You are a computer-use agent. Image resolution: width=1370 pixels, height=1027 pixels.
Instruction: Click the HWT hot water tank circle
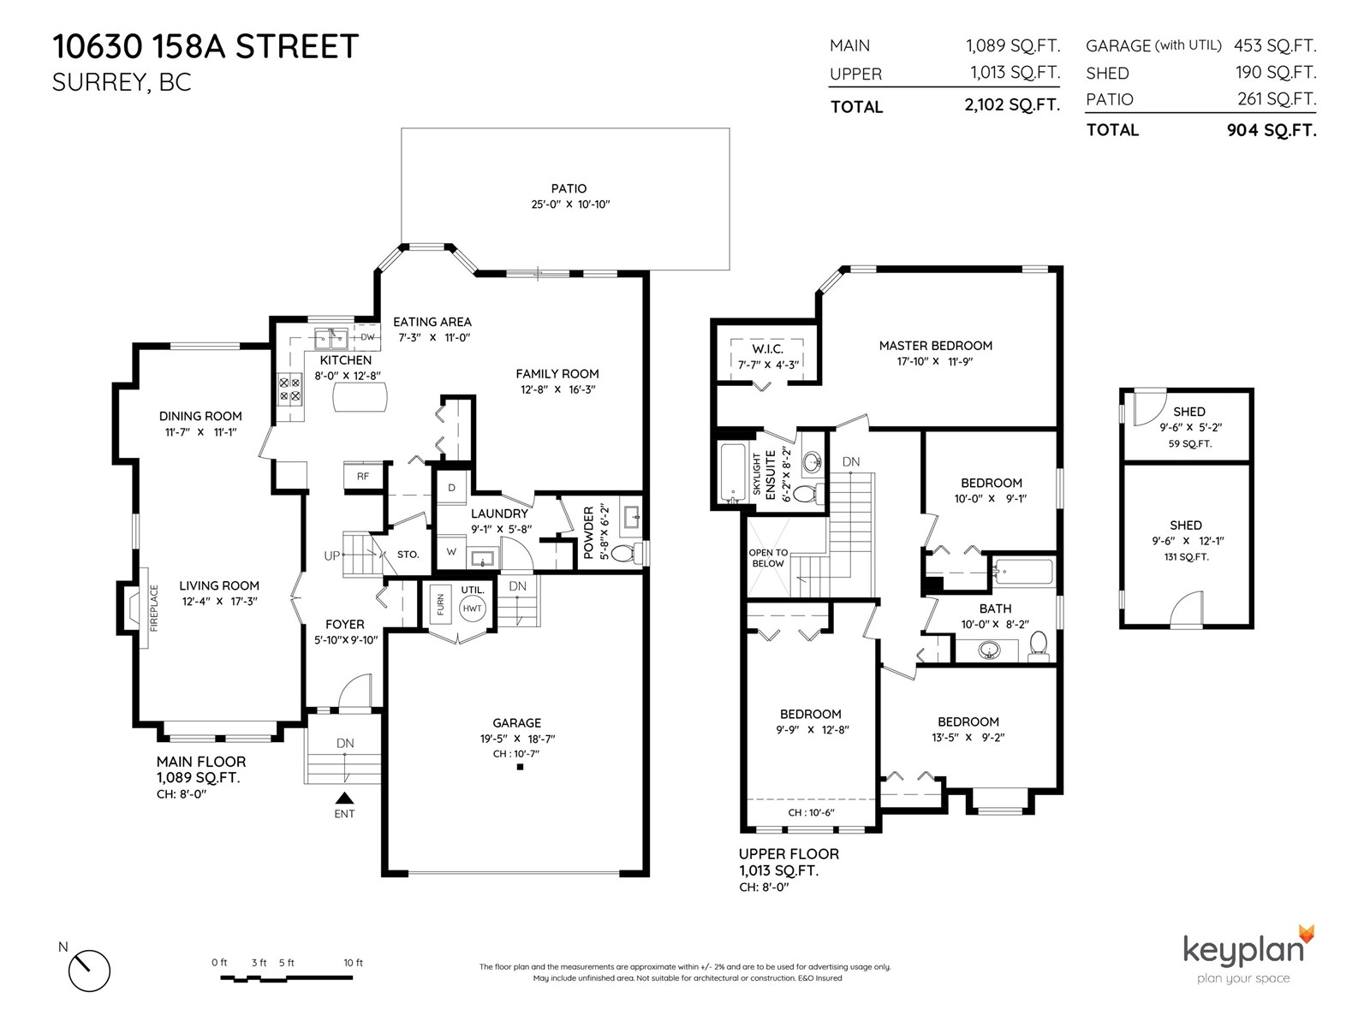472,608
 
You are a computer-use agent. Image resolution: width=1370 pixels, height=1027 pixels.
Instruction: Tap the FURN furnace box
440,605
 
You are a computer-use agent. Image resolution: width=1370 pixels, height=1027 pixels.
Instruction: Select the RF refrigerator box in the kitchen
363,477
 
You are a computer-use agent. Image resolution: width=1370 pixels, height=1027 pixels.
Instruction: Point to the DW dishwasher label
367,337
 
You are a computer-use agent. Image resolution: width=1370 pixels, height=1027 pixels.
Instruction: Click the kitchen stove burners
289,389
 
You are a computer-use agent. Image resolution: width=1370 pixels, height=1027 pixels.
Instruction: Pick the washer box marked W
451,552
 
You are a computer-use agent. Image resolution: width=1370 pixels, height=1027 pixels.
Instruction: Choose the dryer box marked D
451,488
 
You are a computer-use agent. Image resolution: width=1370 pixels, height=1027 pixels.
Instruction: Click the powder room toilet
627,553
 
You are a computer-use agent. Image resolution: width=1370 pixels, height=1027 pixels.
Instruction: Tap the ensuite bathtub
732,472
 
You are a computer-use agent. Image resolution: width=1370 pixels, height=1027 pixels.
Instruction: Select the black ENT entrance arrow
344,798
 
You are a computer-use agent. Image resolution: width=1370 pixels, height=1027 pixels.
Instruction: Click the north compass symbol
89,971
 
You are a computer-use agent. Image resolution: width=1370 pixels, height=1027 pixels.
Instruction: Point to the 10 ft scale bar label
354,963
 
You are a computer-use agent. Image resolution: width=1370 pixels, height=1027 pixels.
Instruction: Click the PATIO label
569,188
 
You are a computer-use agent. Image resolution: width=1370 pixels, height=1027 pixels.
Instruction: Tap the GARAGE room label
517,722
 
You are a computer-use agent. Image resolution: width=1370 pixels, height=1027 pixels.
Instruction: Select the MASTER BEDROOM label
936,346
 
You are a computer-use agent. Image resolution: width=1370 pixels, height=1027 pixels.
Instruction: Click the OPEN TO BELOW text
768,558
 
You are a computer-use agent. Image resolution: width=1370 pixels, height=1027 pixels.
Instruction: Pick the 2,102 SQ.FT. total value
1012,104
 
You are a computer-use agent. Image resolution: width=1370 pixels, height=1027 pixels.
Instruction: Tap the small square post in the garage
520,767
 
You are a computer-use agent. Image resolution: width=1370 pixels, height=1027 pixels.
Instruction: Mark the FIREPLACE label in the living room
154,608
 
